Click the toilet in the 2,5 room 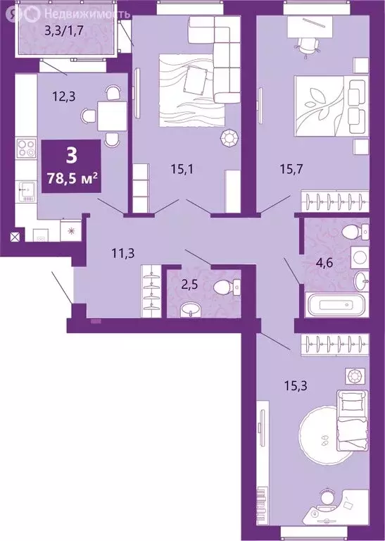click(227, 285)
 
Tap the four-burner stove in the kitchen click(26, 149)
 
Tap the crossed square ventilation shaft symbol click(15, 237)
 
